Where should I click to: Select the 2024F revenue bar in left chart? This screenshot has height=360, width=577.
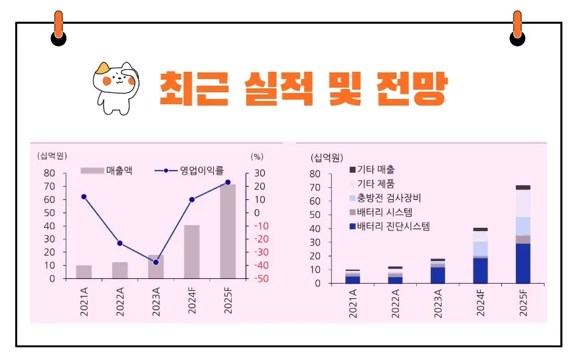coord(192,252)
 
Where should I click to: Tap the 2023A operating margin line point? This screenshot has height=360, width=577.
coord(156,262)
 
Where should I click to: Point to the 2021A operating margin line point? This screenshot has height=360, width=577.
coord(84,197)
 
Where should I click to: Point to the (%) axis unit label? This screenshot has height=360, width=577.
coord(257,157)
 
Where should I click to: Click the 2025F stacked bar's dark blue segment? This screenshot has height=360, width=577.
coord(523,263)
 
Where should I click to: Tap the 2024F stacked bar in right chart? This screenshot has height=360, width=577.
coord(480,256)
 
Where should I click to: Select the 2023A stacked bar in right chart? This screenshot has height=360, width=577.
coord(437,271)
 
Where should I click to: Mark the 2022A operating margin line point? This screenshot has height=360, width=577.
coord(120,243)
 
